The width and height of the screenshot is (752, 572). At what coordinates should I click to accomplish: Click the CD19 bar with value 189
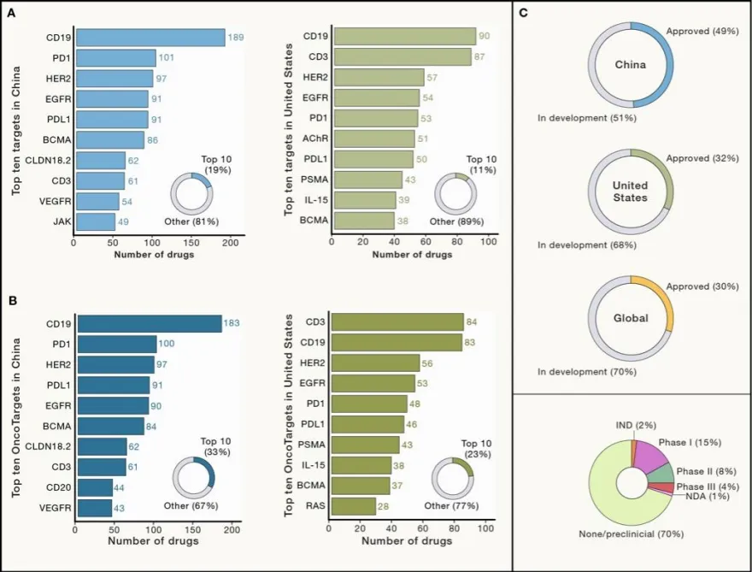[x=150, y=38]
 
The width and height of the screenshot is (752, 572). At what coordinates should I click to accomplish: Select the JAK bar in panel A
[x=95, y=222]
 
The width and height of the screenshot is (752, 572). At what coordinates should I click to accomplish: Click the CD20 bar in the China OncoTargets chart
[x=94, y=487]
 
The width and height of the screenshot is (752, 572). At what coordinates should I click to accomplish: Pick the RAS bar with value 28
[x=353, y=506]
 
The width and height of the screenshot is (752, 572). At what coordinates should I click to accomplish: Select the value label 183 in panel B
[x=232, y=323]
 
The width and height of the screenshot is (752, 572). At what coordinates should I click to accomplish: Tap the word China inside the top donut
[x=631, y=65]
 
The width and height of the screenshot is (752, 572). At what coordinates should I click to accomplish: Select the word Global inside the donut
[x=631, y=319]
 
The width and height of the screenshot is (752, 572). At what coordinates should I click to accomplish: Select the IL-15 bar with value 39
[x=365, y=200]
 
